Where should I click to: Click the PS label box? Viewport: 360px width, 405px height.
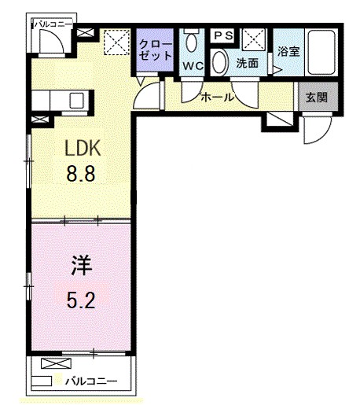coord(222,35)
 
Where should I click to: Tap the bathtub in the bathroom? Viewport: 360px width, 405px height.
coord(320,52)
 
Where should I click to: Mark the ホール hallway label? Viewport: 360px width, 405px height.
coord(217,98)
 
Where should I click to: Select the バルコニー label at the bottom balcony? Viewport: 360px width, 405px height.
coord(91,382)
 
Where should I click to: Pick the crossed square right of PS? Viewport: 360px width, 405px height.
coord(252,37)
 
